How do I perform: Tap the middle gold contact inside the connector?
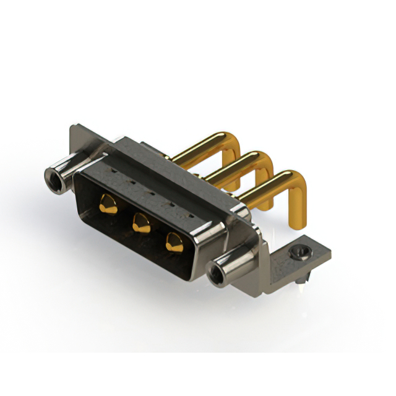pyautogui.click(x=142, y=222)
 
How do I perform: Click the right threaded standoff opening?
pyautogui.click(x=218, y=275)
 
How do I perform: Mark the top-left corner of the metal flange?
pyautogui.click(x=74, y=127)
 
